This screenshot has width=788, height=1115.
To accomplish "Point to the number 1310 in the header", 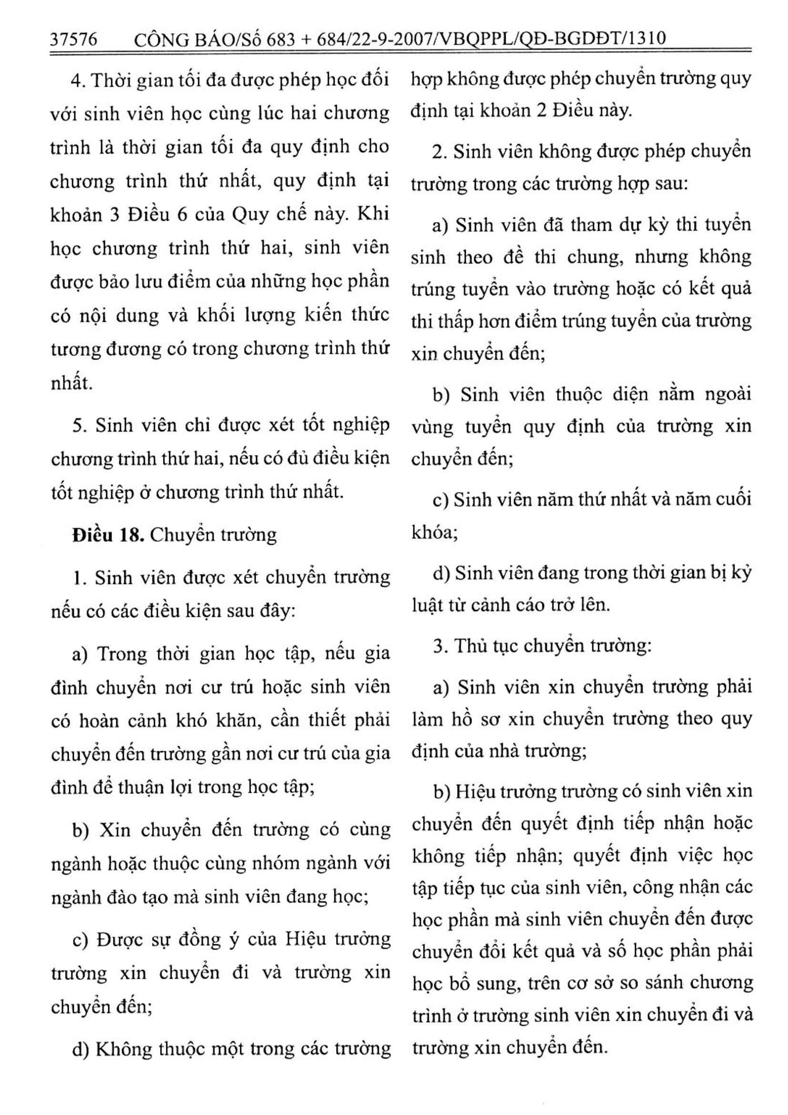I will (645, 38).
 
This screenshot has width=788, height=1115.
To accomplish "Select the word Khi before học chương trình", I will (373, 214).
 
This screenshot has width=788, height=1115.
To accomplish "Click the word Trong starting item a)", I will (122, 654).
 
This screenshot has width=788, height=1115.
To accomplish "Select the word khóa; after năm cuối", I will (435, 533).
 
